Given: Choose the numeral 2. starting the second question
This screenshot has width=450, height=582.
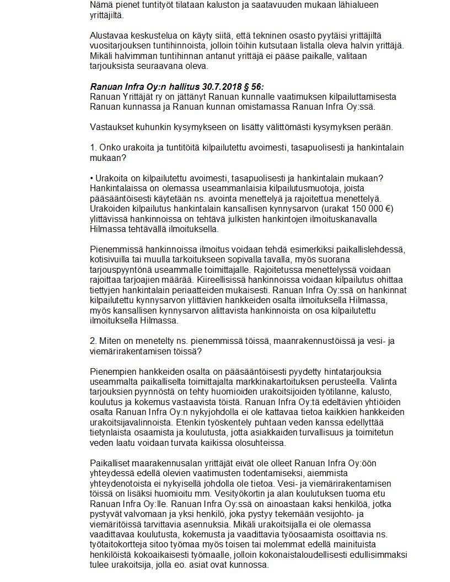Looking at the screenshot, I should coord(93,341).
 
